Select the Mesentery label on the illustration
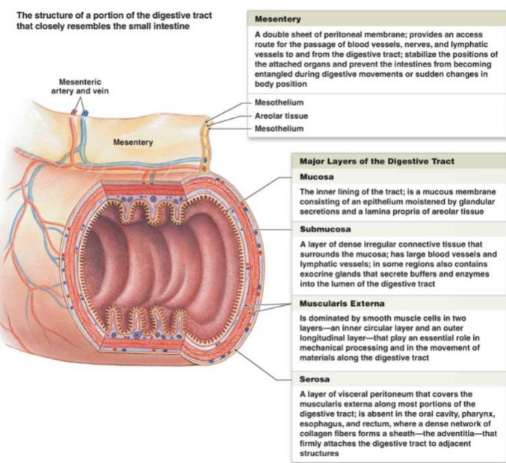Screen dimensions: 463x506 click(x=132, y=142)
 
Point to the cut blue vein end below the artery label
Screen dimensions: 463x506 click(x=84, y=113)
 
